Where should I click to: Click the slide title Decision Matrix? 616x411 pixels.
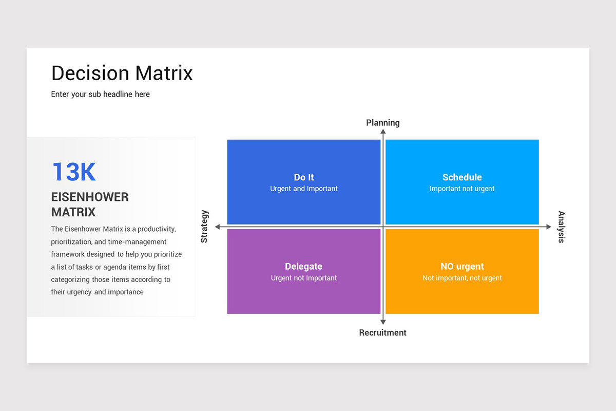pos(122,73)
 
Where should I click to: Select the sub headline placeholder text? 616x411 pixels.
pos(101,94)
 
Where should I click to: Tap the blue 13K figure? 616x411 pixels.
pos(74,172)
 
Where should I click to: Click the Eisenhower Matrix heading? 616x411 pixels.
pos(90,204)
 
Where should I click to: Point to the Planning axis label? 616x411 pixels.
pos(382,123)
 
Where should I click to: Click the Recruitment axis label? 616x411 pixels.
pos(382,333)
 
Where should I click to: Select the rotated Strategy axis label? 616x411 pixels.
pos(204,227)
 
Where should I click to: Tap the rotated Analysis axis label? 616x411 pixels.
pos(561,227)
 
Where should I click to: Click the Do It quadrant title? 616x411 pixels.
pos(304,177)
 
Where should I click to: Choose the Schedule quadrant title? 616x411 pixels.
pos(462,177)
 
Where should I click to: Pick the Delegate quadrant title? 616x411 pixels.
pos(304,267)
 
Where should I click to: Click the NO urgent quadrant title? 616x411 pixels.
pos(462,267)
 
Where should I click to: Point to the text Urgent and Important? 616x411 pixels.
pos(304,189)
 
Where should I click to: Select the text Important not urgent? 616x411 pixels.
pos(462,189)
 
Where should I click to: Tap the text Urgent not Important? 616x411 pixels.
pos(304,278)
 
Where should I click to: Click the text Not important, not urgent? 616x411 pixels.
pos(462,278)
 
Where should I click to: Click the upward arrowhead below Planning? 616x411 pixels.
pos(383,132)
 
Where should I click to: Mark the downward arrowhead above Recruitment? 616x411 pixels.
pos(383,322)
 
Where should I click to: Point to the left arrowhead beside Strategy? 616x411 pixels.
pos(218,227)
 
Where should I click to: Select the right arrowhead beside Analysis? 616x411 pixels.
pos(548,227)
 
